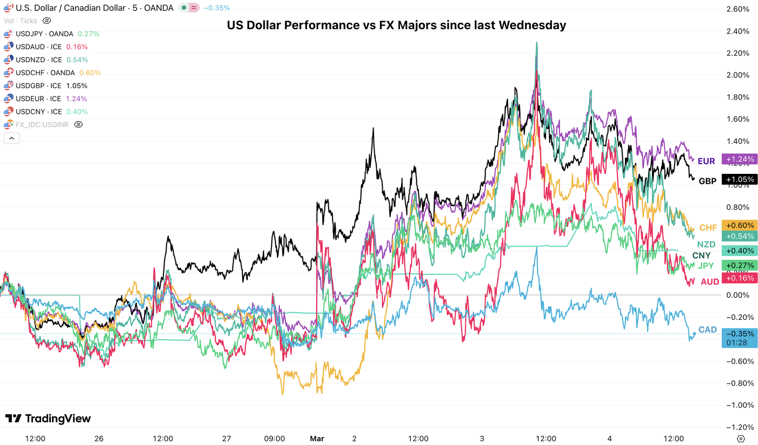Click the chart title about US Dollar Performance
pyautogui.click(x=396, y=25)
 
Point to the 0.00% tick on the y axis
pyautogui.click(x=738, y=295)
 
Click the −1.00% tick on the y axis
pyautogui.click(x=738, y=405)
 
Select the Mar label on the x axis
pyautogui.click(x=316, y=438)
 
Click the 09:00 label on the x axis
pyautogui.click(x=275, y=438)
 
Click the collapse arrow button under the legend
pyautogui.click(x=11, y=138)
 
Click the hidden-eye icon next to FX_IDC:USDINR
pyautogui.click(x=78, y=125)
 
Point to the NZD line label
pyautogui.click(x=706, y=245)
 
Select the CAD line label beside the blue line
pyautogui.click(x=708, y=330)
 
